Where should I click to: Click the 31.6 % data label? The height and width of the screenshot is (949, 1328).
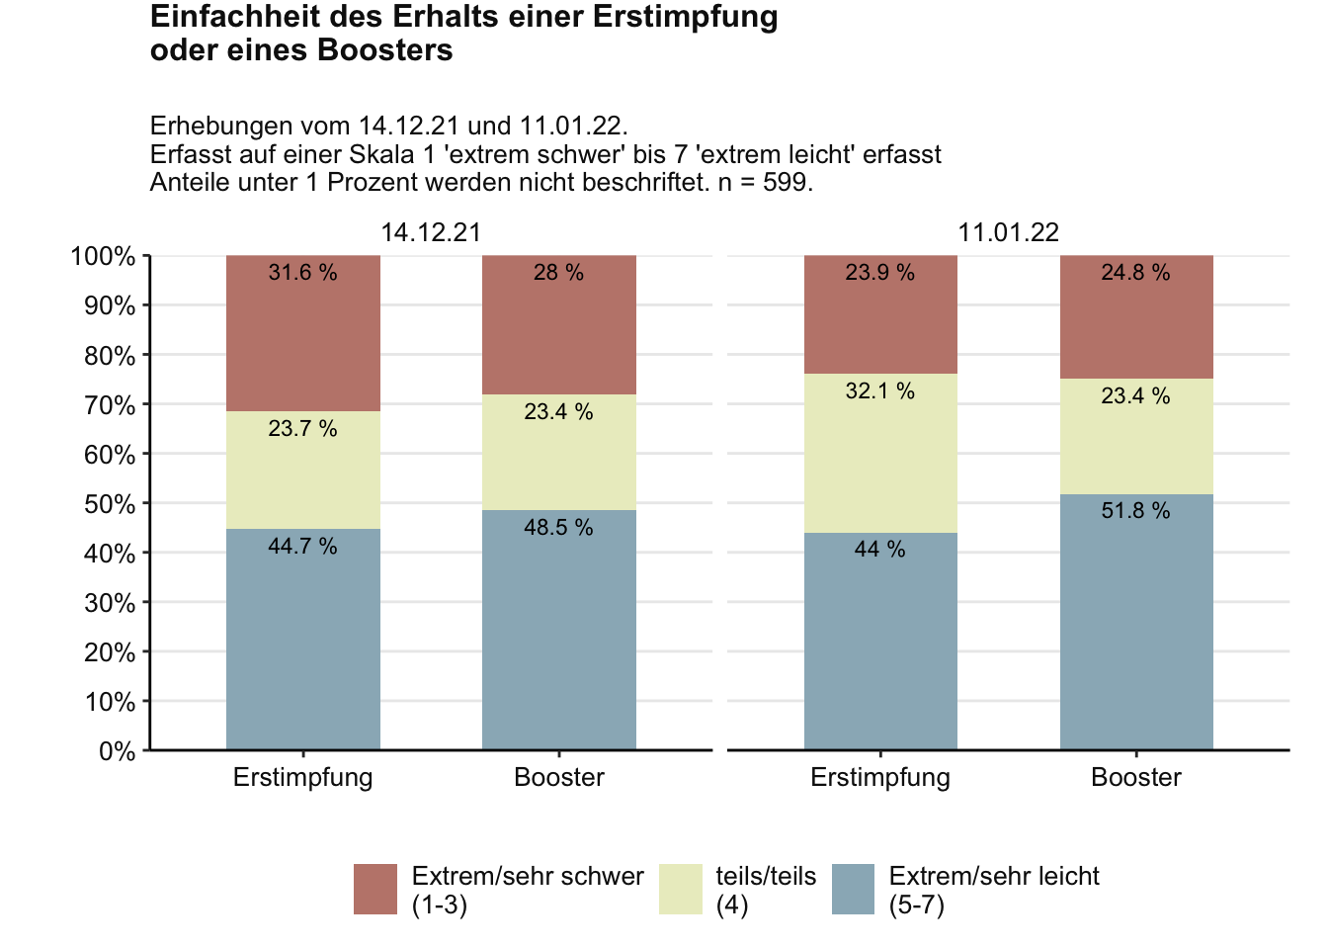[x=302, y=273]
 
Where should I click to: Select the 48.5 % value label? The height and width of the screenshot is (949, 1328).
[x=558, y=528]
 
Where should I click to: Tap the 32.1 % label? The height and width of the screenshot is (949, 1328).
[x=879, y=391]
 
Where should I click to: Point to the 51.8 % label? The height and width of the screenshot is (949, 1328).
[x=1135, y=511]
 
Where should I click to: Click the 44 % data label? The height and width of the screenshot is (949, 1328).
[x=879, y=550]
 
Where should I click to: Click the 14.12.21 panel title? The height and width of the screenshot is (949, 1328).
[x=431, y=233]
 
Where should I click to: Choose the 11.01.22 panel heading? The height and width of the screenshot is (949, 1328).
[x=1008, y=233]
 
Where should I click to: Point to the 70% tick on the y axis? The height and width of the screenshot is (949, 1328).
[x=110, y=405]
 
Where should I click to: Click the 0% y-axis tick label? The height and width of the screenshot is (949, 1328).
[x=117, y=751]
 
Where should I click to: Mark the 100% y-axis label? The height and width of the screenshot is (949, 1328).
[x=103, y=257]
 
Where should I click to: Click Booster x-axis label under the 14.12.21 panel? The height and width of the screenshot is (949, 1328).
[x=559, y=778]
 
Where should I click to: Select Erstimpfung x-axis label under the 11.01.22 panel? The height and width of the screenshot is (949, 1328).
[x=880, y=778]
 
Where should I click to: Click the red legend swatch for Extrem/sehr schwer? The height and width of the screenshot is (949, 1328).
[x=375, y=889]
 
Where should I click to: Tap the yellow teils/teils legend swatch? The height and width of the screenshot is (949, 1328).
[x=680, y=889]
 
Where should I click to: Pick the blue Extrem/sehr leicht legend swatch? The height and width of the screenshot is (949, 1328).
[x=853, y=889]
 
